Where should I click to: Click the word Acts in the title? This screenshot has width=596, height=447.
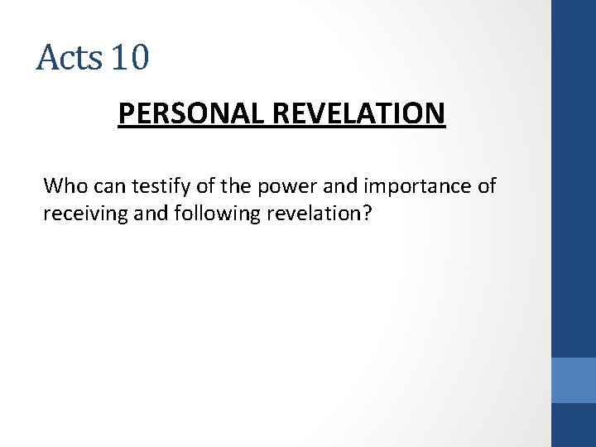pyautogui.click(x=69, y=58)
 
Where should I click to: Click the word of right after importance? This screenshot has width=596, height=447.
pyautogui.click(x=486, y=185)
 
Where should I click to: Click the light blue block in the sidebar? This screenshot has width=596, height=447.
pyautogui.click(x=573, y=380)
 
